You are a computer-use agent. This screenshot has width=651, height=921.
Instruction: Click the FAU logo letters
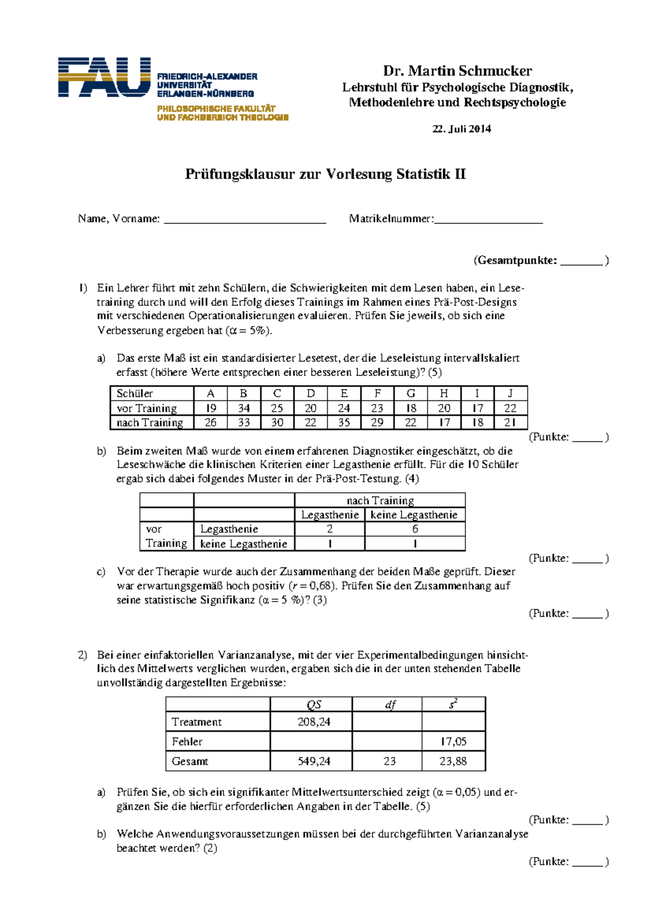pos(104,77)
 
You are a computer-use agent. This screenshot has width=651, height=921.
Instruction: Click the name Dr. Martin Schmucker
pos(457,71)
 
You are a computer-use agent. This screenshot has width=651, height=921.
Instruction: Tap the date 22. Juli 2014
pos(461,129)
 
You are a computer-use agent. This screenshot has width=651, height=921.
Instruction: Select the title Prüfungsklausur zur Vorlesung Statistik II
pos(325,174)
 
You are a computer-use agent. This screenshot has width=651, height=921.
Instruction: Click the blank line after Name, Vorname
pos(245,220)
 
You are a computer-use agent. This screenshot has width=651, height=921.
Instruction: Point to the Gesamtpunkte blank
pos(581,262)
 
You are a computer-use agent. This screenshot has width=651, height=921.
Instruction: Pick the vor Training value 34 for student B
pos(244,408)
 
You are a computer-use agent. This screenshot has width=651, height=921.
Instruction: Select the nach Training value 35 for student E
pos(344,423)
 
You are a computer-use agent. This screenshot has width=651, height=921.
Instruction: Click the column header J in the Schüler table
pos(510,393)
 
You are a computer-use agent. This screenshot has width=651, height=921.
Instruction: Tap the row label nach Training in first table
pos(150,423)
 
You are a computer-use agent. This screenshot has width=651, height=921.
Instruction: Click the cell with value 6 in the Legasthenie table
pos(414,529)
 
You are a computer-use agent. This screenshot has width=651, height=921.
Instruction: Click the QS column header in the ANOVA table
pos(314,705)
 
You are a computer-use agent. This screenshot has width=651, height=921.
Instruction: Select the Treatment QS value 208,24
pos(314,722)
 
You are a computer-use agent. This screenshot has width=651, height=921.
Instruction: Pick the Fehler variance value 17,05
pos(453,741)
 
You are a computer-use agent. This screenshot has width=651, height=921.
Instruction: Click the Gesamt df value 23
pos(390,761)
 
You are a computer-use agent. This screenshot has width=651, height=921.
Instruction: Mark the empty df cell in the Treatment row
pos(387,722)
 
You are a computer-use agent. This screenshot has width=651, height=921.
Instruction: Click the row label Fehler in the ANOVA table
pos(187,741)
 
